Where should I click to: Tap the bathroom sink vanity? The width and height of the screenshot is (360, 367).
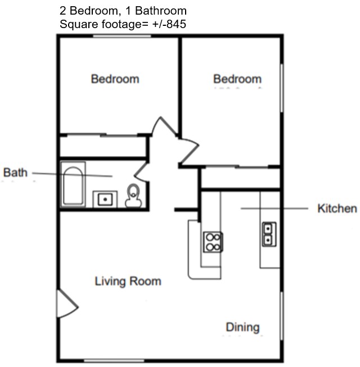104,199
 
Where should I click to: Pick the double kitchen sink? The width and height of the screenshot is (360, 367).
268,234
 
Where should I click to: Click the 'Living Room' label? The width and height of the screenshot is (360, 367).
128,281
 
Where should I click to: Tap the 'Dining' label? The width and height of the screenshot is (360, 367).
243,327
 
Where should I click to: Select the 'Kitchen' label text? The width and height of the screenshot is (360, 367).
337,209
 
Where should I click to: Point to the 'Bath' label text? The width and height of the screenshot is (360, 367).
15,172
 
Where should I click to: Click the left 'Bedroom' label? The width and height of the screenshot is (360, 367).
115,79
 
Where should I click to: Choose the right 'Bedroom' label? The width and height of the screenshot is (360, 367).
237,79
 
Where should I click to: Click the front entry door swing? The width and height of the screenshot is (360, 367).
66,305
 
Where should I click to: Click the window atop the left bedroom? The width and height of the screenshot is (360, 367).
122,36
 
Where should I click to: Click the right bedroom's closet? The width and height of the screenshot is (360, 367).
241,178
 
